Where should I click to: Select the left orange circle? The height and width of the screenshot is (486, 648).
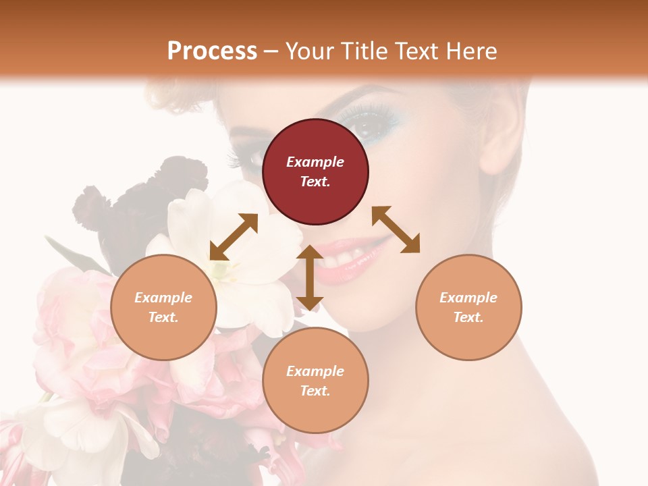click(x=163, y=307)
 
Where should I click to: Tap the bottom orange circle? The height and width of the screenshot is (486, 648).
click(x=315, y=381)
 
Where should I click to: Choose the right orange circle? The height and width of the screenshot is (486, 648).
click(x=468, y=307)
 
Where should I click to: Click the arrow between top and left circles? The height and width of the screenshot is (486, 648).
click(x=234, y=237)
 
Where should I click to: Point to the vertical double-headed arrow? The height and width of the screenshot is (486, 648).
click(x=310, y=278)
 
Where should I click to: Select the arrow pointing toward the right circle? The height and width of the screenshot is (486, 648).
click(x=396, y=230)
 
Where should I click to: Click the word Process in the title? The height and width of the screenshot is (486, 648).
click(x=212, y=51)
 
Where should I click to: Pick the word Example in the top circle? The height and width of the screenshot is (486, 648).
click(x=315, y=162)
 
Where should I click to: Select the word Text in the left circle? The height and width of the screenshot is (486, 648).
click(x=163, y=317)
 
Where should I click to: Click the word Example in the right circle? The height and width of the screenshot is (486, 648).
click(x=468, y=298)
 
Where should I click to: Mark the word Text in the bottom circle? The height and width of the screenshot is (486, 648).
click(x=315, y=391)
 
